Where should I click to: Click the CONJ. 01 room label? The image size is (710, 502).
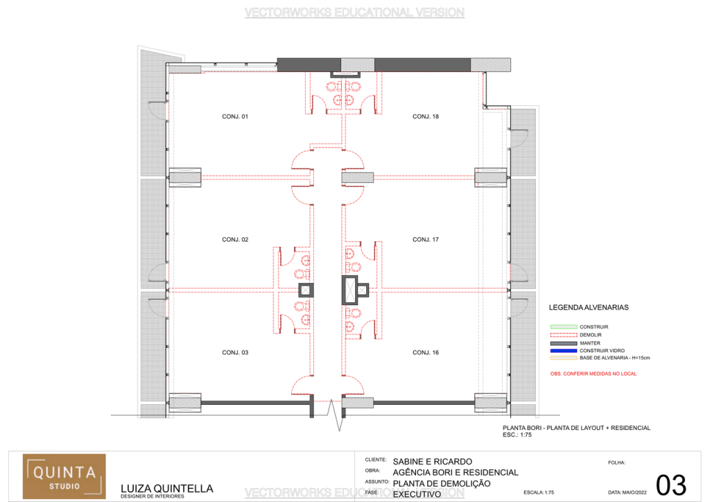(x=235, y=116)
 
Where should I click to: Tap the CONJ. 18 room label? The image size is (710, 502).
(x=426, y=116)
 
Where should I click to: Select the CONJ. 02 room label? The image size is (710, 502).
(x=235, y=239)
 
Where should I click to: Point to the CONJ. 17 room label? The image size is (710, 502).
(x=426, y=239)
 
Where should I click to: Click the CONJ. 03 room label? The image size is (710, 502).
(x=235, y=352)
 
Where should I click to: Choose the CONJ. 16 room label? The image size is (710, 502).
(x=426, y=352)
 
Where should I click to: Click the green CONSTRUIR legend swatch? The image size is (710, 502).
(x=563, y=327)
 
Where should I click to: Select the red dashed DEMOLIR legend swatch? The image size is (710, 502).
(x=563, y=335)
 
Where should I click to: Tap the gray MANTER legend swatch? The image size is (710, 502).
(x=563, y=343)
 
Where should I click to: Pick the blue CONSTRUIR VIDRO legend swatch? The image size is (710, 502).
(x=563, y=351)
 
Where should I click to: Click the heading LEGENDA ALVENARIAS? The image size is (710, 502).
(x=589, y=306)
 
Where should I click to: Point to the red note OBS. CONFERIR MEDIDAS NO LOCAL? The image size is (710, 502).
(x=593, y=374)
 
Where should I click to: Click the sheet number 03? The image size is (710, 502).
(x=670, y=485)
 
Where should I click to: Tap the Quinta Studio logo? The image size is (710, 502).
(x=64, y=476)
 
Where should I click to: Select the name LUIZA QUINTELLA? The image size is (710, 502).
(x=166, y=487)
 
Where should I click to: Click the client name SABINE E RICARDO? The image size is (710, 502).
(x=432, y=461)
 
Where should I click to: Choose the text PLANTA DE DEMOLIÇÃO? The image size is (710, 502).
(x=441, y=483)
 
